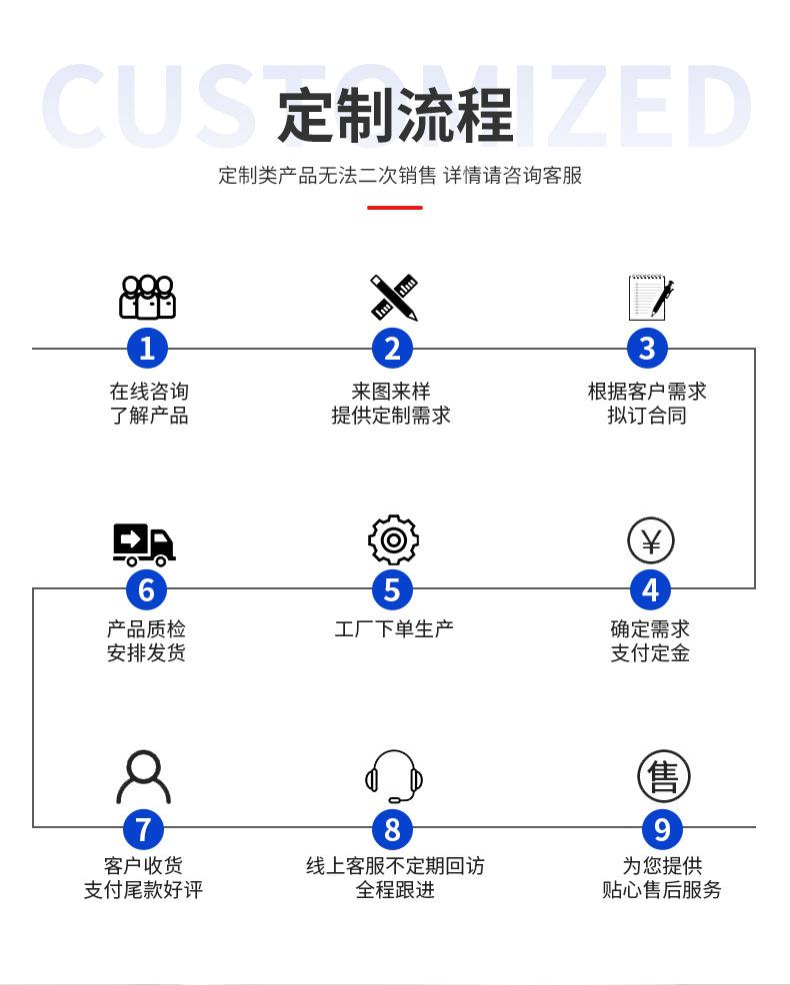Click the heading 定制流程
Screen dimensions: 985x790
pos(395,115)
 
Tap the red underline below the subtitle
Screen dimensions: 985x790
pos(395,208)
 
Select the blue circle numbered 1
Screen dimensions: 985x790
pos(147,348)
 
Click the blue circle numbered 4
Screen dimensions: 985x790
pos(650,589)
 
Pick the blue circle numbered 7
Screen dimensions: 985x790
pos(143,828)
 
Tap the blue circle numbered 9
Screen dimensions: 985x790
pos(662,828)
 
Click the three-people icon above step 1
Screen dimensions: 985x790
pos(147,297)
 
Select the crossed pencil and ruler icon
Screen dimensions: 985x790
pos(393,297)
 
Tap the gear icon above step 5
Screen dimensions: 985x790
pos(393,540)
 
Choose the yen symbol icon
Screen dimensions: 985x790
pos(651,541)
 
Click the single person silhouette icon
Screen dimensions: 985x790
pos(143,777)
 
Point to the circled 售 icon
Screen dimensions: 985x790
pos(663,776)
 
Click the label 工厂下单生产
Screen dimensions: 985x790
pos(393,628)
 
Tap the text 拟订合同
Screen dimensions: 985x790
pos(647,416)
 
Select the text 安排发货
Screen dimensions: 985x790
pos(146,653)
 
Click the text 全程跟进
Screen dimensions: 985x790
pos(395,890)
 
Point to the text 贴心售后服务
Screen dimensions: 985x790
pos(662,890)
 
